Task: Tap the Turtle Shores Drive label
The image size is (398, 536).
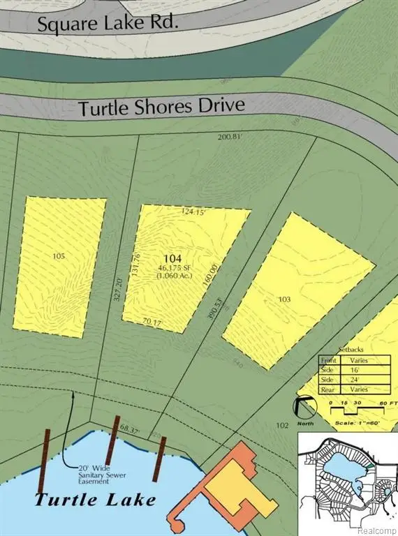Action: tap(162, 107)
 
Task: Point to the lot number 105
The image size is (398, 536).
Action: tap(59, 256)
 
